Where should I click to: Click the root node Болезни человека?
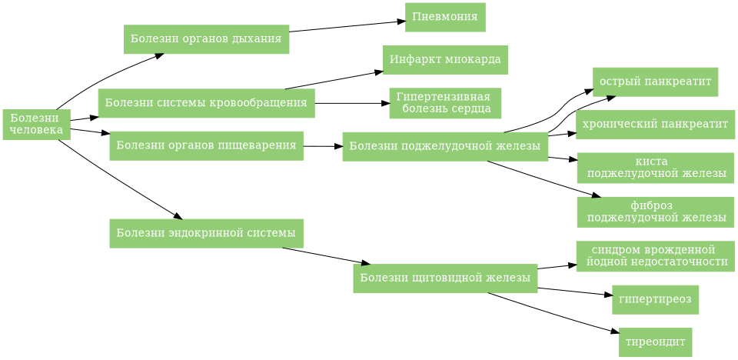[36, 125]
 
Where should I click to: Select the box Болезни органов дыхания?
[206, 39]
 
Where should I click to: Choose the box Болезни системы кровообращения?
[206, 103]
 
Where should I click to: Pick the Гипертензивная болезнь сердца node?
[445, 103]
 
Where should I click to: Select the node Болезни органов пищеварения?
[206, 145]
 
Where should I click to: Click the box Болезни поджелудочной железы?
[444, 146]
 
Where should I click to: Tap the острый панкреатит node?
[655, 82]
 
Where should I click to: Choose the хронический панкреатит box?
[655, 125]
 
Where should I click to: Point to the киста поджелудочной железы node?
[655, 168]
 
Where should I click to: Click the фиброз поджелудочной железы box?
[655, 212]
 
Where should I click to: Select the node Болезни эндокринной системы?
[206, 233]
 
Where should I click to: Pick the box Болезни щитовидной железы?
[444, 278]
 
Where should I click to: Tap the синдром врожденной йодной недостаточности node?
[655, 256]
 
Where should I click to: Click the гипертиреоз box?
[655, 299]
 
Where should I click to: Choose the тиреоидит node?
[655, 342]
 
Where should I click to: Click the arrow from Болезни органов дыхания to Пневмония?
[346, 26]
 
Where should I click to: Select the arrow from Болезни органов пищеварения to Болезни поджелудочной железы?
[323, 146]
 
